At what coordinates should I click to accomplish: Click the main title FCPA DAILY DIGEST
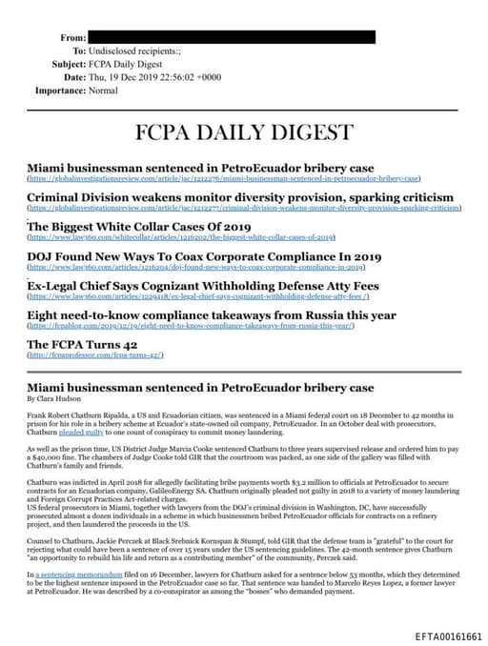point(243,131)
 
